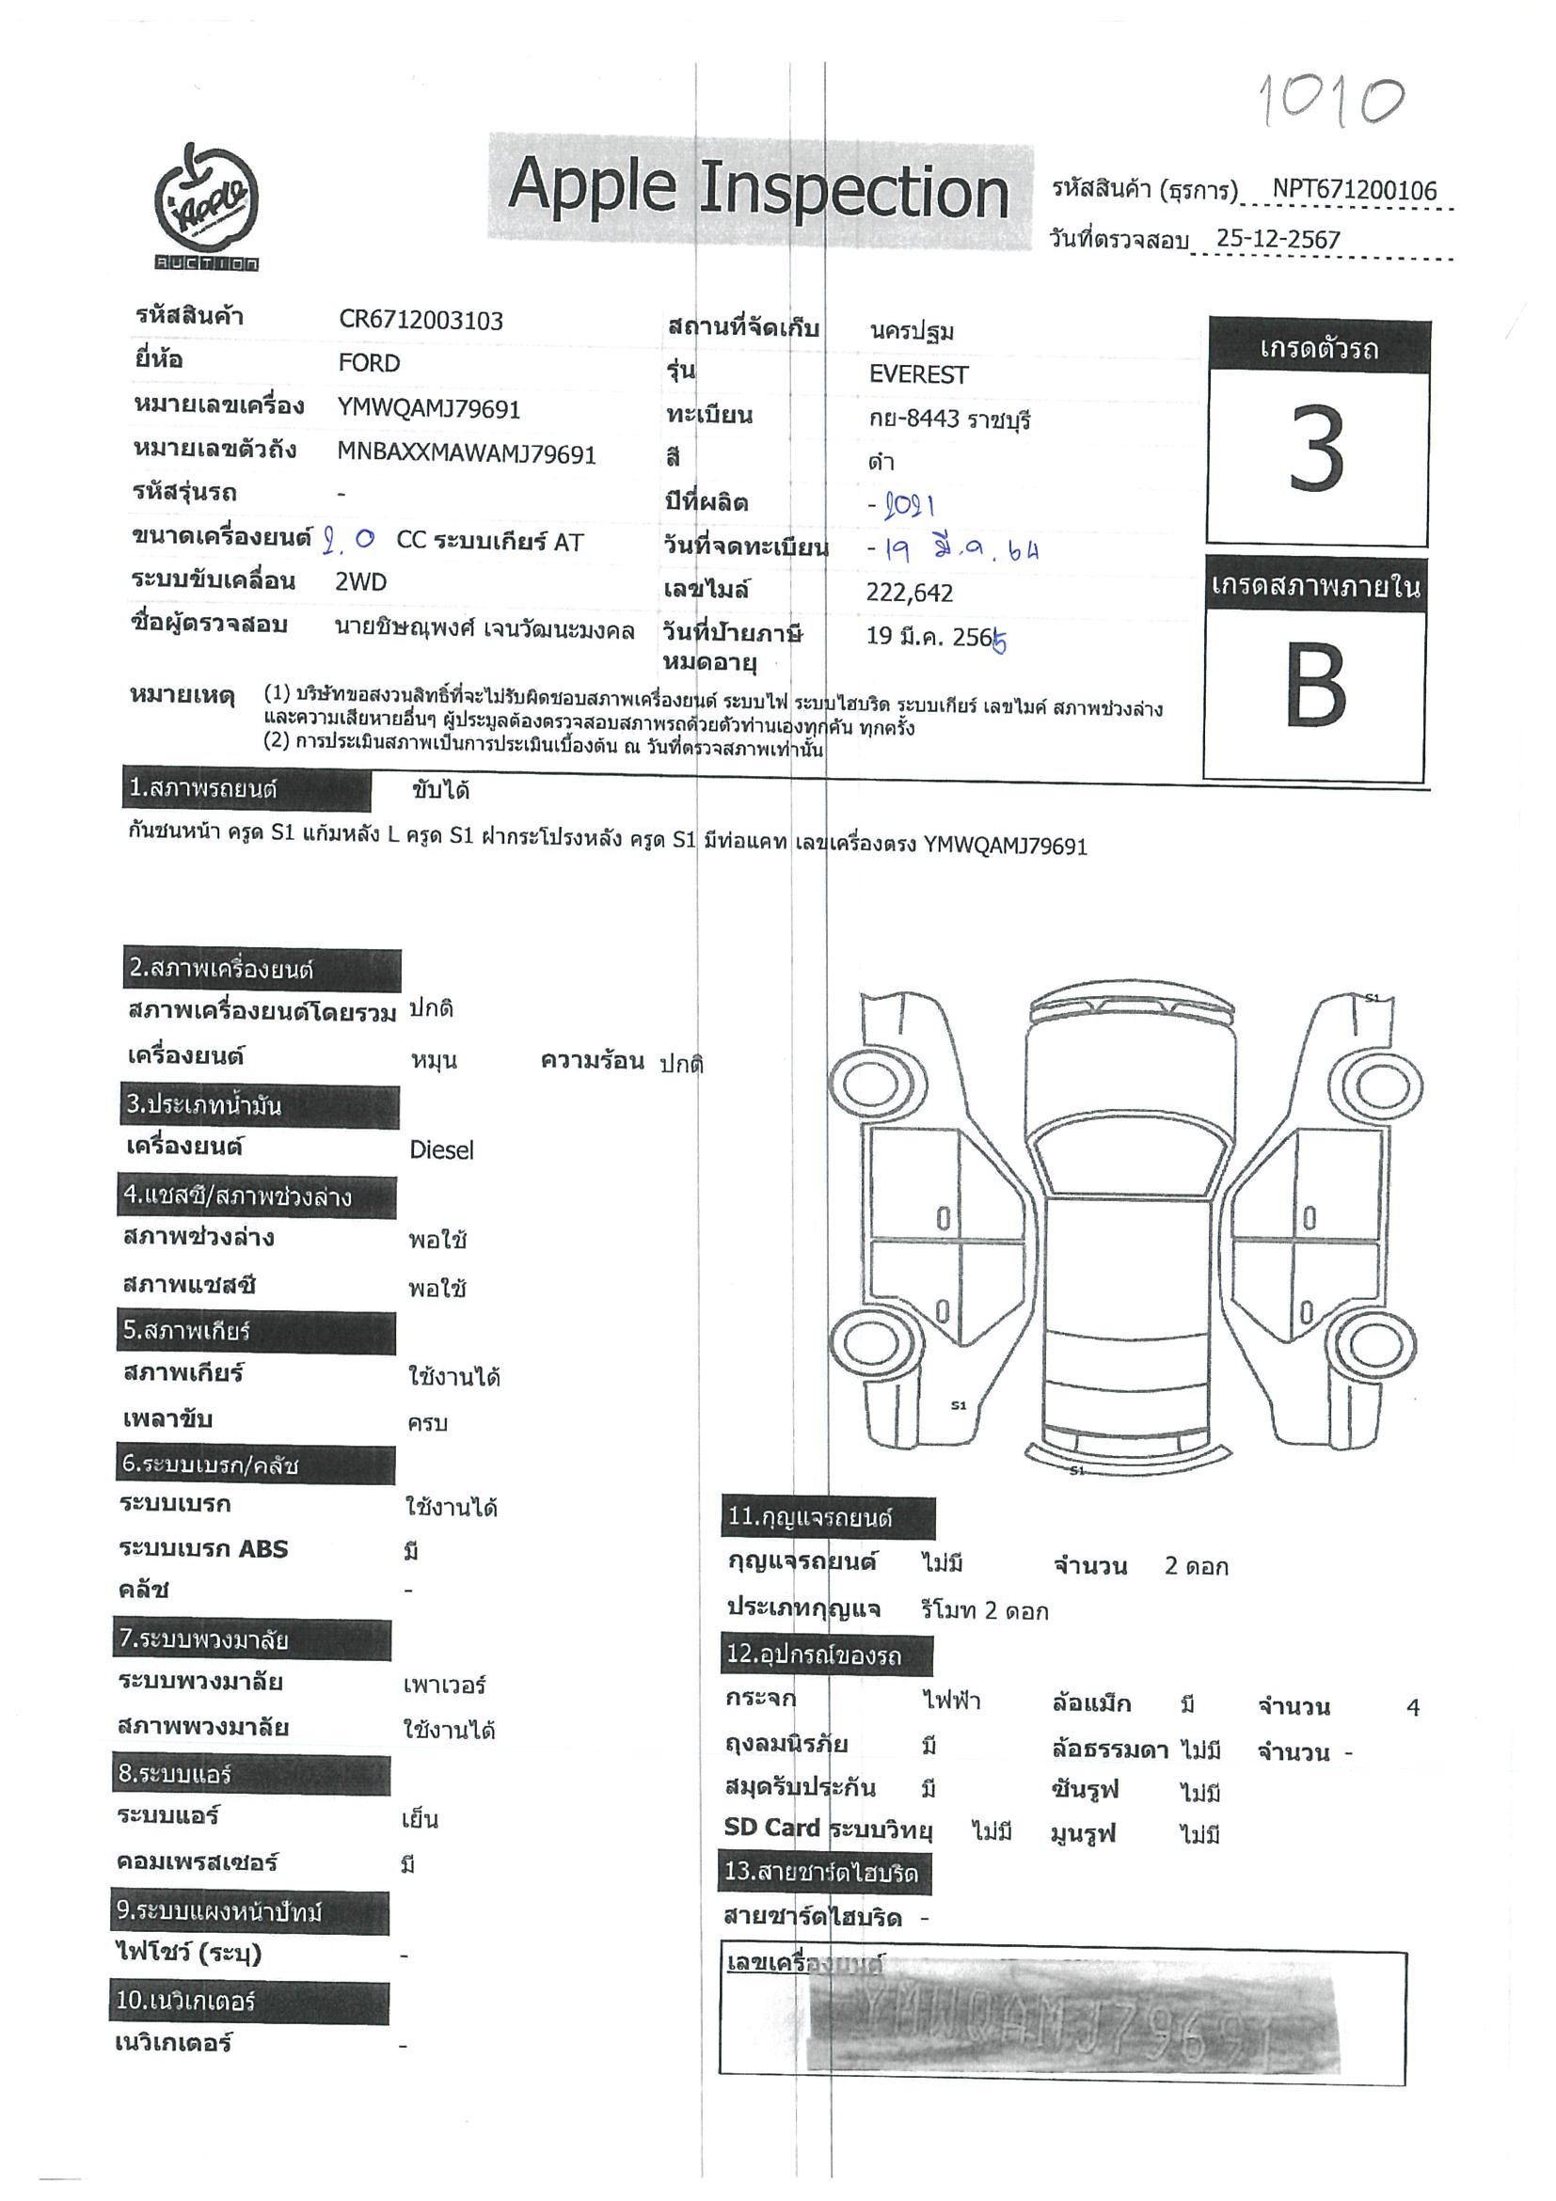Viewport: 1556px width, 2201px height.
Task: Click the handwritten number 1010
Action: (1331, 100)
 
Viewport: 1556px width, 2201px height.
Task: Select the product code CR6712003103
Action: (420, 320)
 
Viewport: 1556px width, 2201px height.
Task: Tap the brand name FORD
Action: (369, 363)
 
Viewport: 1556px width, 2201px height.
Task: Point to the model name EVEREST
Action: (917, 374)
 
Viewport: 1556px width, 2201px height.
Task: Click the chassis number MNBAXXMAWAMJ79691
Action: (466, 453)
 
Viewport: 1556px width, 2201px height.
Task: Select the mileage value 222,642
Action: (909, 594)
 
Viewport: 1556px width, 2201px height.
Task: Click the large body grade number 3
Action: (1316, 449)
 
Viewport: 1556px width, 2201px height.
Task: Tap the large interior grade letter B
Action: (1314, 687)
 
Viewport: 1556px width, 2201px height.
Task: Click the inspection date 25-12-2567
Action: (1277, 240)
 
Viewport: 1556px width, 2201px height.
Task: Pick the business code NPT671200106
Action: (1354, 190)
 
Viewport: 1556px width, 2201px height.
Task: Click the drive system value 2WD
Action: (360, 582)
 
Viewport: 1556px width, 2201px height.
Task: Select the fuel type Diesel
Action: (441, 1149)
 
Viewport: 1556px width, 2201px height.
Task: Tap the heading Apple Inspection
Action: (757, 188)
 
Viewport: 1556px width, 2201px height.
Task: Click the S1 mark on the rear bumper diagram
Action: (1076, 1469)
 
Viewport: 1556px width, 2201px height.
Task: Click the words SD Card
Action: (771, 1828)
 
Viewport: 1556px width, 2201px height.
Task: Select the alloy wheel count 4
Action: (1411, 1707)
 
